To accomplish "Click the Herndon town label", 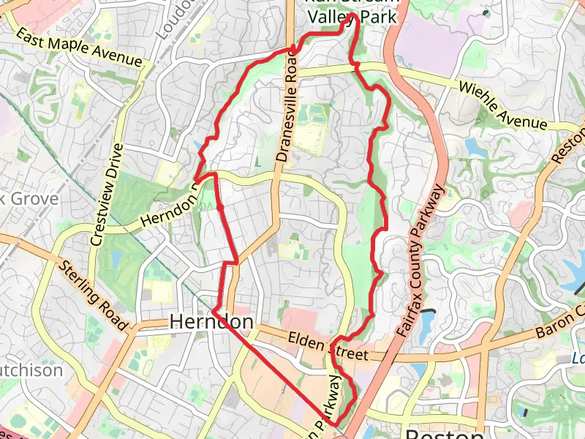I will pyautogui.click(x=211, y=322).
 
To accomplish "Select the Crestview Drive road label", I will pyautogui.click(x=106, y=193).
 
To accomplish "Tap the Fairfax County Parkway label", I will pyautogui.click(x=423, y=260).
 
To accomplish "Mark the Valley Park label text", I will pyautogui.click(x=352, y=16).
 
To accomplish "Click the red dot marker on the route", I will pyautogui.click(x=220, y=209).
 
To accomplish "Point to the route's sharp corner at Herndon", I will pyautogui.click(x=213, y=312).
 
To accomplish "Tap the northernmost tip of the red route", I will pyautogui.click(x=353, y=14).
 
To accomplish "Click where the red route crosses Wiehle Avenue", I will pyautogui.click(x=358, y=67).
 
